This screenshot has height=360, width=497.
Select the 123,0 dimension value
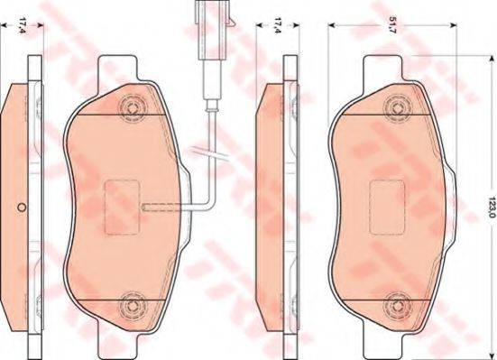point(492,207)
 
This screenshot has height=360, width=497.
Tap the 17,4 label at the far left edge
point(23,26)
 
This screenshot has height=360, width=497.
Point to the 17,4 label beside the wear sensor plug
point(278,26)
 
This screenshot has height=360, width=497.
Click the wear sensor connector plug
point(212,30)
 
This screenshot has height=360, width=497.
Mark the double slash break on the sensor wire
point(210,153)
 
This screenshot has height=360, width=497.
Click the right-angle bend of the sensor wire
point(210,202)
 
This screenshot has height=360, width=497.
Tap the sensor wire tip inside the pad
point(144,207)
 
